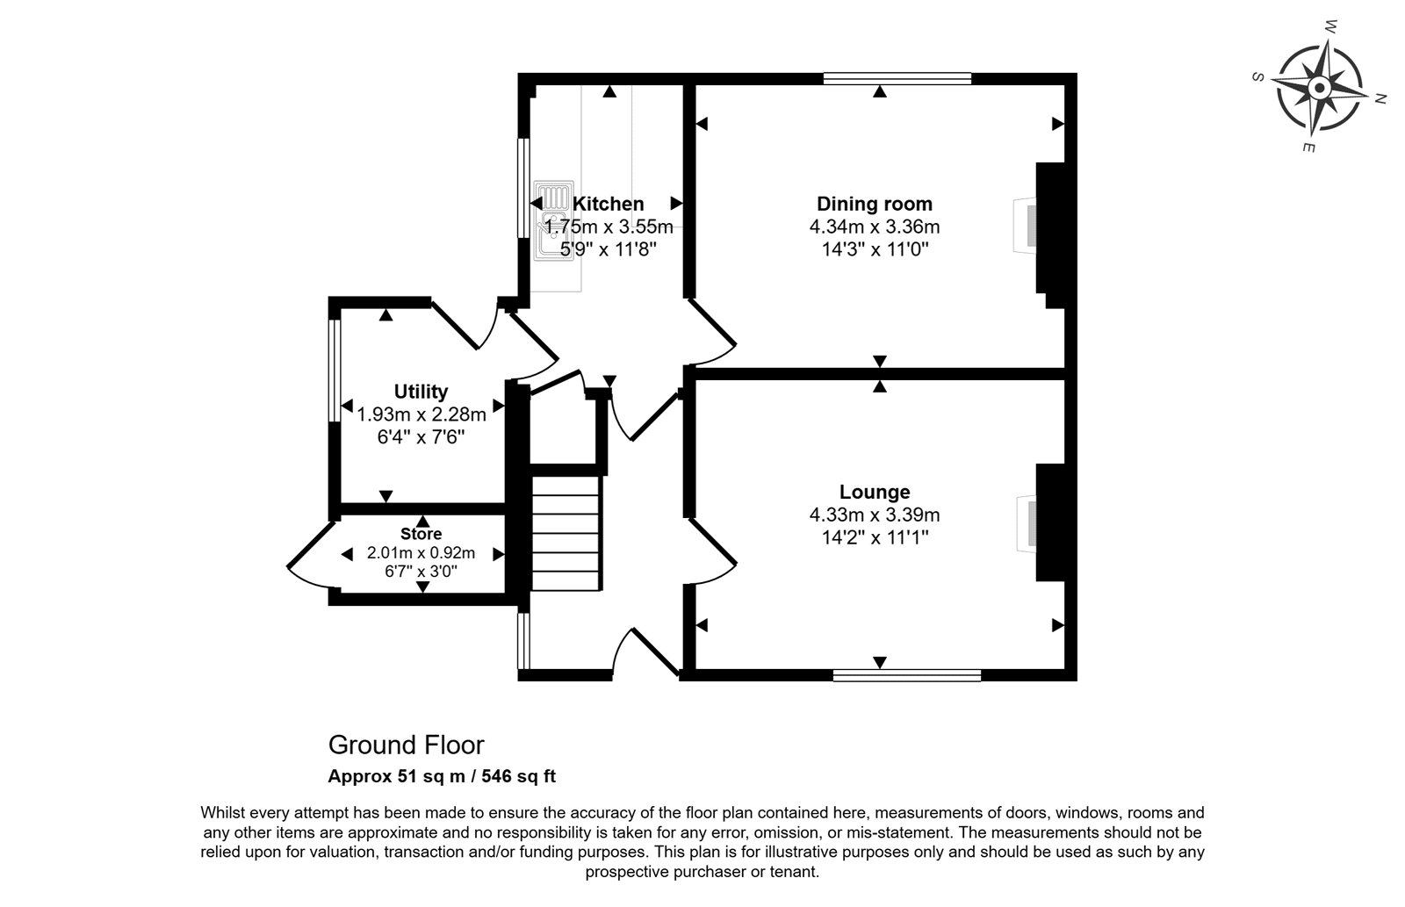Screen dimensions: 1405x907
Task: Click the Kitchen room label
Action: pyautogui.click(x=608, y=204)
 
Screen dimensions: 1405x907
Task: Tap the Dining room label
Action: pyautogui.click(x=875, y=204)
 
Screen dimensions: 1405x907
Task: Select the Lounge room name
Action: pyautogui.click(x=875, y=492)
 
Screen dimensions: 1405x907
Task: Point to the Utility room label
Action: pyautogui.click(x=421, y=392)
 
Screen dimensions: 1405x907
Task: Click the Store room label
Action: pyautogui.click(x=421, y=534)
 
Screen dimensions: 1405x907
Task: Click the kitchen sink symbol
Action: pyautogui.click(x=553, y=220)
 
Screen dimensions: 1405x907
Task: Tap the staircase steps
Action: pyautogui.click(x=566, y=533)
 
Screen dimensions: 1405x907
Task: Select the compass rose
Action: pyautogui.click(x=1319, y=88)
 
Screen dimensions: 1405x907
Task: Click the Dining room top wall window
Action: pyautogui.click(x=897, y=78)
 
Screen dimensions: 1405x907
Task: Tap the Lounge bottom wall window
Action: pyautogui.click(x=907, y=675)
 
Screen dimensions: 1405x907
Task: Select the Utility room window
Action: pyautogui.click(x=335, y=371)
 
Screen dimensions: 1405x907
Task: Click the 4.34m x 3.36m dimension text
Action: pyautogui.click(x=875, y=227)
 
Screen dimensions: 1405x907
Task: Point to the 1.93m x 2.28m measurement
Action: pyautogui.click(x=421, y=414)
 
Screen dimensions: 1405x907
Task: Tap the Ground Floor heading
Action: pyautogui.click(x=407, y=745)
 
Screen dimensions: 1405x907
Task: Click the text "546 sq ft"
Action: pyautogui.click(x=519, y=776)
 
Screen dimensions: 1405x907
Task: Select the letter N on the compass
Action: pyautogui.click(x=1380, y=98)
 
